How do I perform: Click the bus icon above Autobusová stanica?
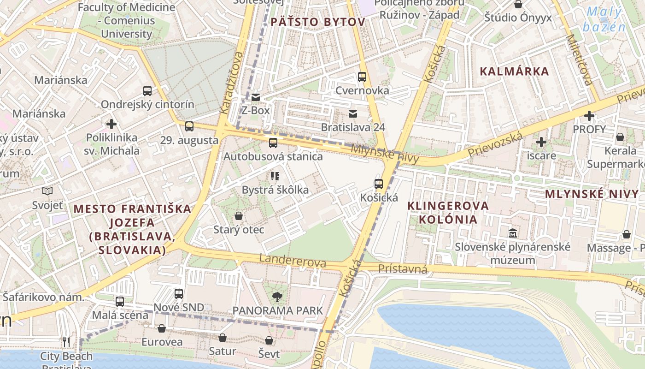point(273,143)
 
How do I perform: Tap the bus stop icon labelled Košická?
point(379,184)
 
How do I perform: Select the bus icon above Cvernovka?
point(362,77)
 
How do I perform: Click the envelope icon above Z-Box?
point(256,97)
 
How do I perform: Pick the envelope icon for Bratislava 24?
point(353,114)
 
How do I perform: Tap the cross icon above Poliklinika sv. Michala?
point(111,124)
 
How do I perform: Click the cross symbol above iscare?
point(541,142)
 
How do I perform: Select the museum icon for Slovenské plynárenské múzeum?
point(513,233)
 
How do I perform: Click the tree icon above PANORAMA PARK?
point(277,297)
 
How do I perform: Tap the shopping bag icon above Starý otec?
point(239,216)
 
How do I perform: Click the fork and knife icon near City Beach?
point(66,342)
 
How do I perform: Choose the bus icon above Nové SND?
point(179,294)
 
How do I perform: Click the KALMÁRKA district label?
point(514,71)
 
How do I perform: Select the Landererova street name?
point(293,261)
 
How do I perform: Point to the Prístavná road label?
point(403,269)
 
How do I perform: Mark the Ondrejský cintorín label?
point(147,104)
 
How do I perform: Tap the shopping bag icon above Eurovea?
point(162,328)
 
